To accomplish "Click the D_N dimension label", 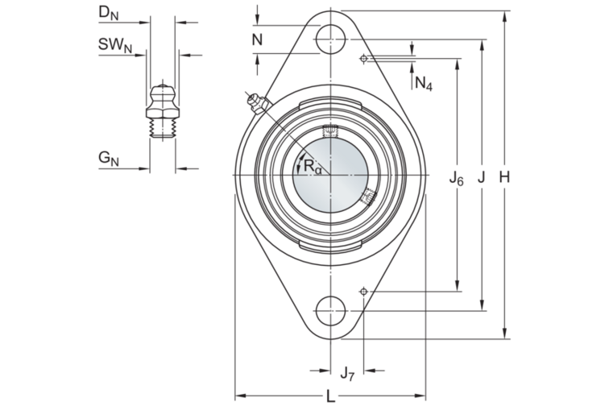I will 109,14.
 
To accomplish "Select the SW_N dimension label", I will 115,46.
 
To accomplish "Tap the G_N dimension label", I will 109,159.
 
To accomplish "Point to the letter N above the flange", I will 257,39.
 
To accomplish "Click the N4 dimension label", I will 424,83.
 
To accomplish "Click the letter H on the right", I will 505,177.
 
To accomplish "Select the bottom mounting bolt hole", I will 330,311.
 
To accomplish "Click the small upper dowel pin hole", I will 364,58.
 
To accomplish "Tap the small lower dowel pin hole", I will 364,290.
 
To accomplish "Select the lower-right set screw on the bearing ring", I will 370,196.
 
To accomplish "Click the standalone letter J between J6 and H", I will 481,177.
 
